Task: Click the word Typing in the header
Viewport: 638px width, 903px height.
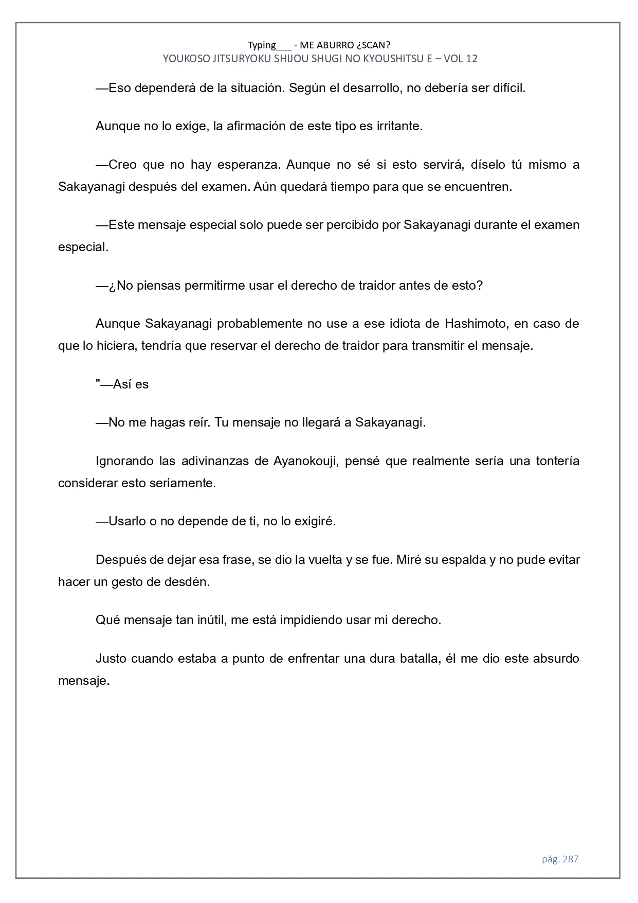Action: click(x=262, y=45)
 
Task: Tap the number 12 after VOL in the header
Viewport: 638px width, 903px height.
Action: click(x=471, y=59)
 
